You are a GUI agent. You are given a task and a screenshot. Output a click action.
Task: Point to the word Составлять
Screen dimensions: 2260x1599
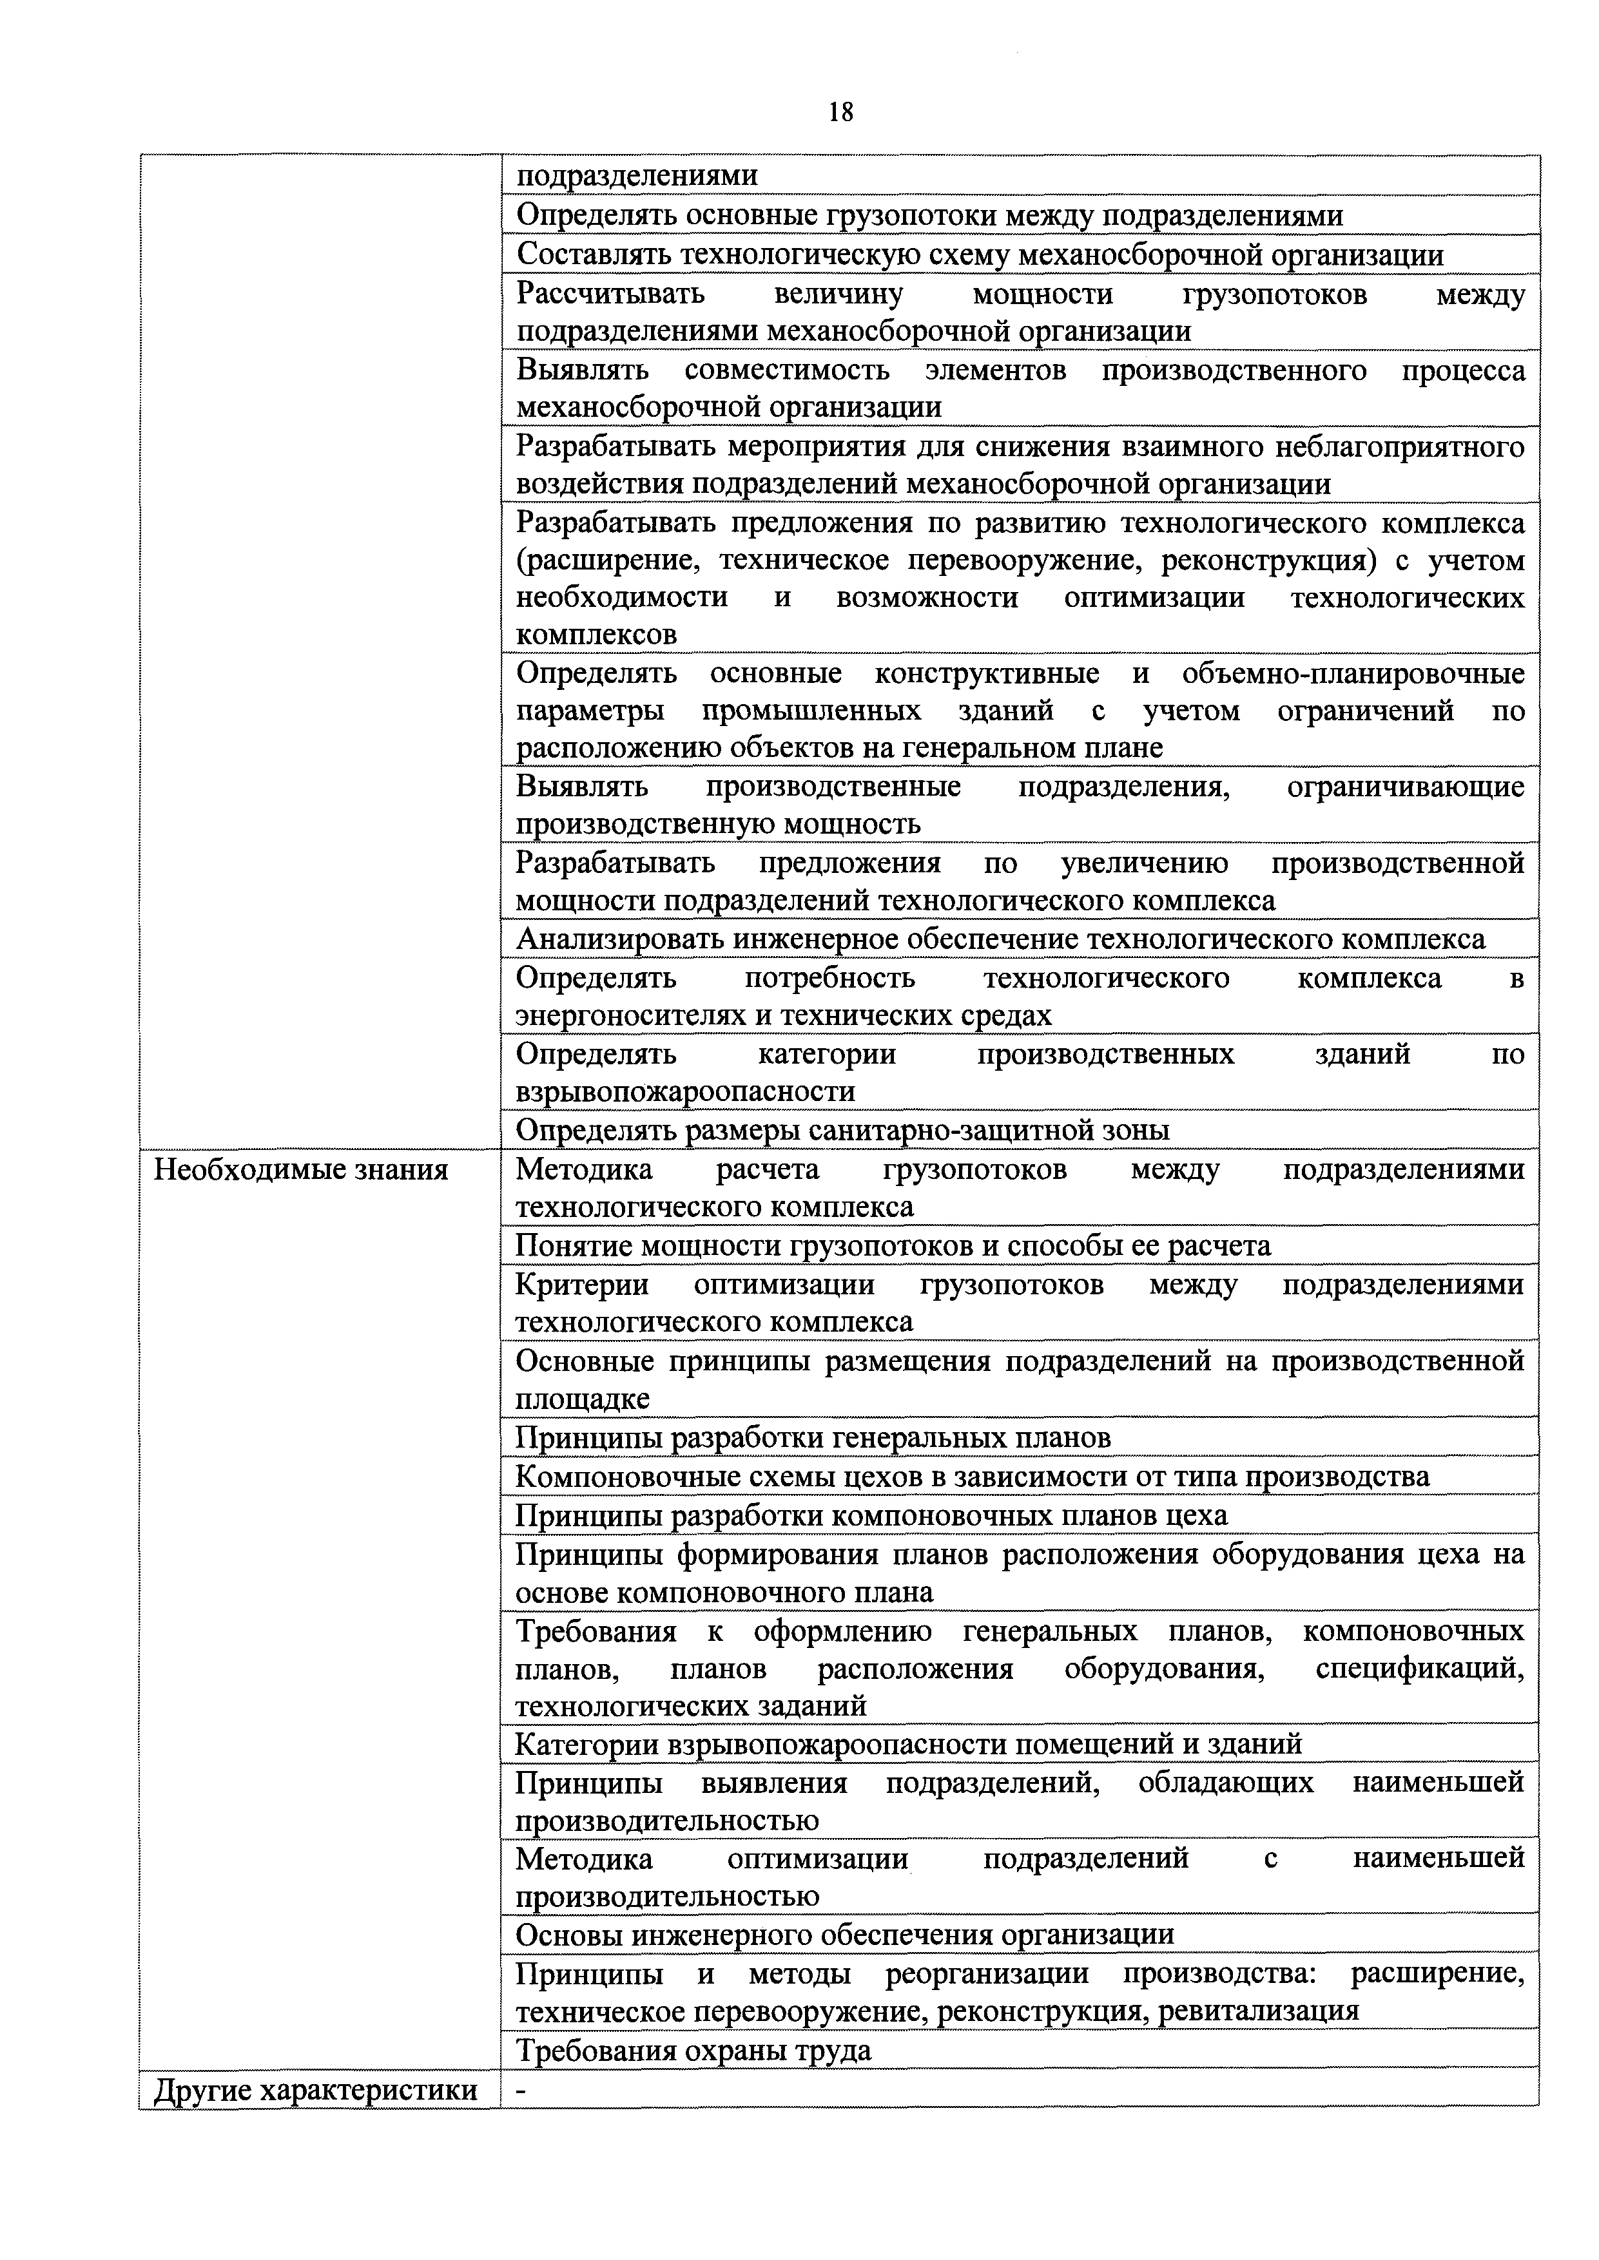[592, 255]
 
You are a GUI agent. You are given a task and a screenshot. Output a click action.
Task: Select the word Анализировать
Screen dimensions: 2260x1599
[620, 939]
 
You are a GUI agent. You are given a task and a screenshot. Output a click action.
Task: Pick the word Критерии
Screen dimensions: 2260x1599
[582, 1285]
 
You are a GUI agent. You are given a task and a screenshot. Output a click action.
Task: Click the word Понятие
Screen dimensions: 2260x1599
[574, 1246]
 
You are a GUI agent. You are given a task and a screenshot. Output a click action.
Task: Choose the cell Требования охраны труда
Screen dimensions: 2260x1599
[694, 2051]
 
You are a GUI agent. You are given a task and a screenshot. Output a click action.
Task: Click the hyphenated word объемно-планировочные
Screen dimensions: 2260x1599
[1352, 673]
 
